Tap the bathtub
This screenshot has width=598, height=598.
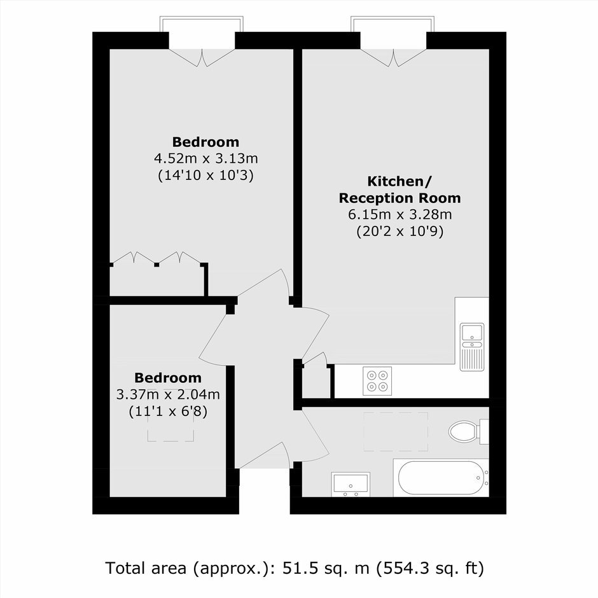pyautogui.click(x=440, y=478)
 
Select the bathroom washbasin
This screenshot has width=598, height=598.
pyautogui.click(x=351, y=484)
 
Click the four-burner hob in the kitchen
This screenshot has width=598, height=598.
pyautogui.click(x=377, y=381)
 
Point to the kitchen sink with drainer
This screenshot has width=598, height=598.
pyautogui.click(x=472, y=347)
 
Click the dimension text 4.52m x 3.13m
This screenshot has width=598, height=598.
pyautogui.click(x=206, y=158)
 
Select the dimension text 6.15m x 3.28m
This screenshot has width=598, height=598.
pyautogui.click(x=400, y=215)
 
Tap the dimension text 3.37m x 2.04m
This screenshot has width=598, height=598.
pyautogui.click(x=168, y=394)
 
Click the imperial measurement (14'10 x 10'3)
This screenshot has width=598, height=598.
pyautogui.click(x=206, y=176)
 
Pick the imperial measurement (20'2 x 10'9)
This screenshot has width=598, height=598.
pyautogui.click(x=400, y=232)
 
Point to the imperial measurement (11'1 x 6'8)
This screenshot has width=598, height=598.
pyautogui.click(x=168, y=412)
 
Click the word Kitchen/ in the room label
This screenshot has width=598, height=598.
pyautogui.click(x=400, y=181)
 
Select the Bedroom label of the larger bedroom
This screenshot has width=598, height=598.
pyautogui.click(x=206, y=142)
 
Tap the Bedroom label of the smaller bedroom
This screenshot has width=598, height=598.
pyautogui.click(x=168, y=378)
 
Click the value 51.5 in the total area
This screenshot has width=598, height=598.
pyautogui.click(x=301, y=568)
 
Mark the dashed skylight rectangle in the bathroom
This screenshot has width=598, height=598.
pyautogui.click(x=396, y=432)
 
